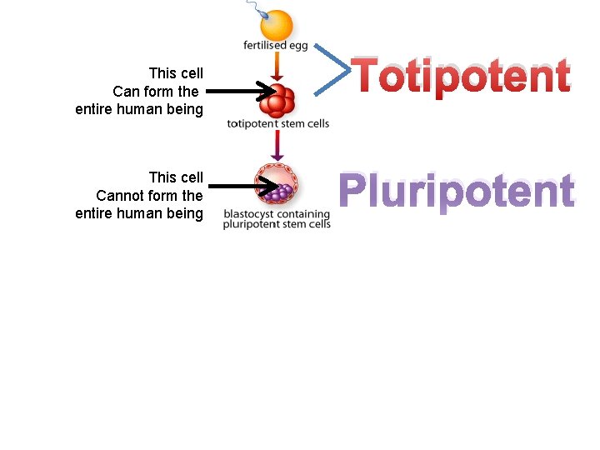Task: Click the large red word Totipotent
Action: (x=461, y=77)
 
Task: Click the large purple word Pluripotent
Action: (x=456, y=192)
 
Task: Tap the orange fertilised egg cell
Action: (x=277, y=24)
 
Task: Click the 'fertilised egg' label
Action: (x=276, y=45)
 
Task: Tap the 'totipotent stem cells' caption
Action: (x=277, y=124)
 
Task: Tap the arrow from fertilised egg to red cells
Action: (x=277, y=66)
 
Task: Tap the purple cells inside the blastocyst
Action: (x=282, y=191)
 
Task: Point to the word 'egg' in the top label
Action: (x=297, y=46)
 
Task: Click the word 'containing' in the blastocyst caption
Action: (x=302, y=213)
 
